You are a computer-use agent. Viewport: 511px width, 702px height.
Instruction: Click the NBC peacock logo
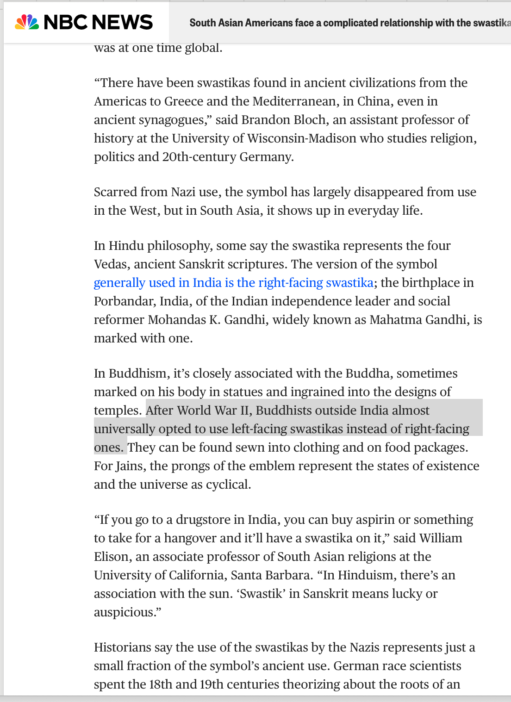point(27,22)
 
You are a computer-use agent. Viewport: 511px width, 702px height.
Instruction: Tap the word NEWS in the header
point(122,22)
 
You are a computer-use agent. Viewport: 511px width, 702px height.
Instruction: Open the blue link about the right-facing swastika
point(233,283)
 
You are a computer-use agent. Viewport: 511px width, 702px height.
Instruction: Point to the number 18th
point(160,684)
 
